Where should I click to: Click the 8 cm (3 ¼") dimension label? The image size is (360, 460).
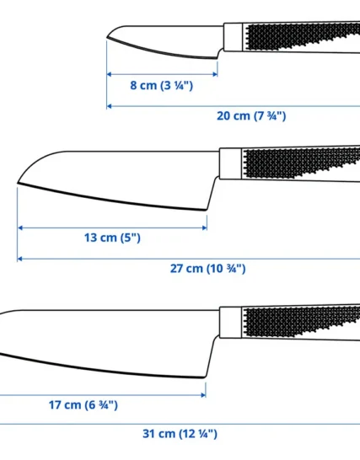tap(162, 86)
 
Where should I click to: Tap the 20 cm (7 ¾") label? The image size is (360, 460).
tap(251, 116)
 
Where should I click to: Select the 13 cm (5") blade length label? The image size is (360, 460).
tap(112, 238)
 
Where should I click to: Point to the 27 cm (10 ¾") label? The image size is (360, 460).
tap(208, 269)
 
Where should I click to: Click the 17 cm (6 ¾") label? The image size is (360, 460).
tap(83, 405)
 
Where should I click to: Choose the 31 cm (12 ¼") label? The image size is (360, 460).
tap(180, 434)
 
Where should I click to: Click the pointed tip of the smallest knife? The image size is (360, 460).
tap(107, 37)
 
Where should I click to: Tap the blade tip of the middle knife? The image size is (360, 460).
tap(18, 183)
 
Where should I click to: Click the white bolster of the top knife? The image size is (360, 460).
tap(234, 37)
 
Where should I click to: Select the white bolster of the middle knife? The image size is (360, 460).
tap(230, 163)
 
